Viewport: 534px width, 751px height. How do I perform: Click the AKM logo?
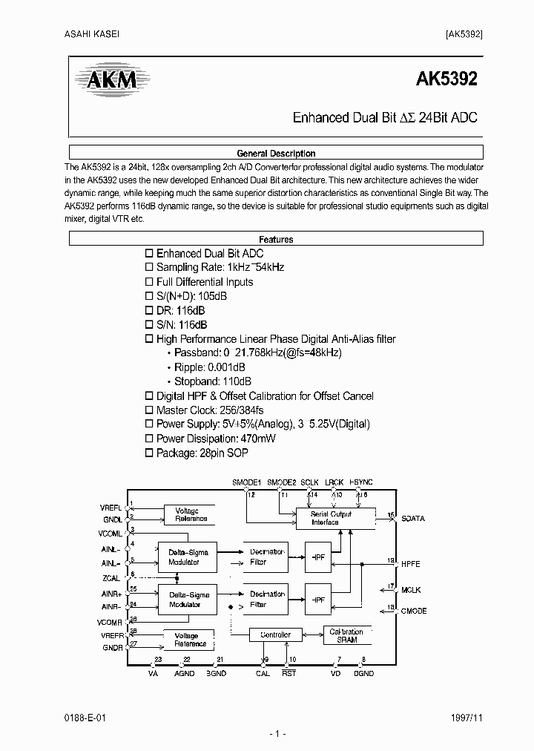pyautogui.click(x=109, y=80)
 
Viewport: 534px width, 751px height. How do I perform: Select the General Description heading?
pyautogui.click(x=275, y=154)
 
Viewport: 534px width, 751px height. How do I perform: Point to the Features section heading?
pyautogui.click(x=275, y=240)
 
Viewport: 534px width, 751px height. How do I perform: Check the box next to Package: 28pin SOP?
pyautogui.click(x=148, y=453)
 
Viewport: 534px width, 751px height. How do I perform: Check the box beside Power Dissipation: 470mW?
pyautogui.click(x=148, y=439)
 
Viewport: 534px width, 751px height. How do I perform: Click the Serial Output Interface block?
pyautogui.click(x=330, y=518)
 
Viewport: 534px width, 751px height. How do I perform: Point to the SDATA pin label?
pyautogui.click(x=412, y=519)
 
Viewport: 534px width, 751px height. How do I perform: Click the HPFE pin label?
pyautogui.click(x=410, y=564)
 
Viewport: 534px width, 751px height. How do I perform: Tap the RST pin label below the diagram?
pyautogui.click(x=289, y=673)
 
